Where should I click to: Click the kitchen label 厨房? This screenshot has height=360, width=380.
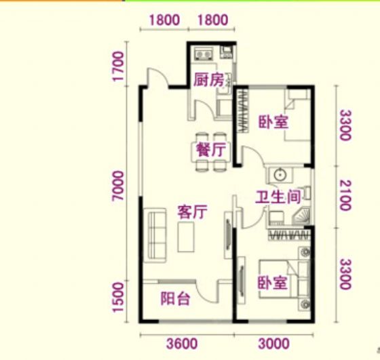click(x=209, y=79)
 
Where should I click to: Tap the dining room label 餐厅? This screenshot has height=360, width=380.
click(x=211, y=150)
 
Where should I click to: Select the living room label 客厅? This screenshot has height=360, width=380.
click(x=193, y=212)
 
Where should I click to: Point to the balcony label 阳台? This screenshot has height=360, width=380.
click(x=175, y=298)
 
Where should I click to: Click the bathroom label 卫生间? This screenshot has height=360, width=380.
click(x=278, y=197)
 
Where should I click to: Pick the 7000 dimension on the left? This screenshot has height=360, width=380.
click(x=118, y=186)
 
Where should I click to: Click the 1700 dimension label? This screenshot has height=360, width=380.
click(x=118, y=66)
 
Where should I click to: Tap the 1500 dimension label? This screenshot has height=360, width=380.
click(x=118, y=297)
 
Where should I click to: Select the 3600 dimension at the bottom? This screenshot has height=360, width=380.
click(x=182, y=344)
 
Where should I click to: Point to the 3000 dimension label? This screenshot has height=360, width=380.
click(x=274, y=344)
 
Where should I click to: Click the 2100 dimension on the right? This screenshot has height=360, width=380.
click(x=345, y=195)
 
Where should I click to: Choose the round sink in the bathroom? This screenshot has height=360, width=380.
click(x=280, y=174)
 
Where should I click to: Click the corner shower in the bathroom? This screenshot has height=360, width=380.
click(x=301, y=216)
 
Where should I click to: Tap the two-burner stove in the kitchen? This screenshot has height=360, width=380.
click(x=204, y=54)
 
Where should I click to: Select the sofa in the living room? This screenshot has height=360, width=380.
click(x=155, y=235)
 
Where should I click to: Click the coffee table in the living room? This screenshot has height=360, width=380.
click(x=186, y=237)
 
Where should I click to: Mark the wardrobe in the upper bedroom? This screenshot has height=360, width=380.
click(x=243, y=111)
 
